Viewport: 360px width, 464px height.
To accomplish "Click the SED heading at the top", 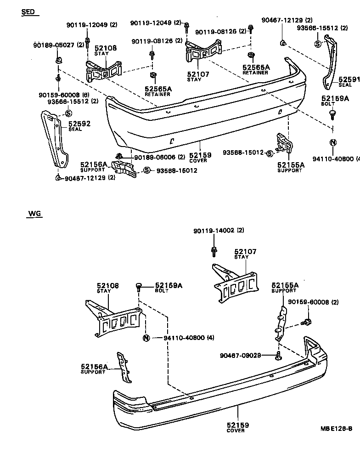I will coord(28,12).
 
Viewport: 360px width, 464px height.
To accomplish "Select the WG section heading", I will coord(34,213).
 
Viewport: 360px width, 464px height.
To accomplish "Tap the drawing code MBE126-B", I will coord(336,429).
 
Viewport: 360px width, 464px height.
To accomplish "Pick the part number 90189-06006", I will coord(159,157).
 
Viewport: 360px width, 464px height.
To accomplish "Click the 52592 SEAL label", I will coord(79,125).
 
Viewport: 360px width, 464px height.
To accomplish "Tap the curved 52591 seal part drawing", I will coord(330,64).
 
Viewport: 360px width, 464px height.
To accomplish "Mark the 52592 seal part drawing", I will coord(54,138).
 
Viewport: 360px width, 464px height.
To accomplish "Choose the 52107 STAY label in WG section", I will coord(245,254).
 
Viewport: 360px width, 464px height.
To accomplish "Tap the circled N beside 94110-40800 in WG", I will coord(146,338).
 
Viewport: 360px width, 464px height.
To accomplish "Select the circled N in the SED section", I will coord(333,142).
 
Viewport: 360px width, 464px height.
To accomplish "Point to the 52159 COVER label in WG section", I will coord(236,427).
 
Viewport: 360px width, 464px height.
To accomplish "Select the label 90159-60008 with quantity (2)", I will coord(313,302).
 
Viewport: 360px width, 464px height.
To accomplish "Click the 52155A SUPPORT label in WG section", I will coord(285,287).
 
